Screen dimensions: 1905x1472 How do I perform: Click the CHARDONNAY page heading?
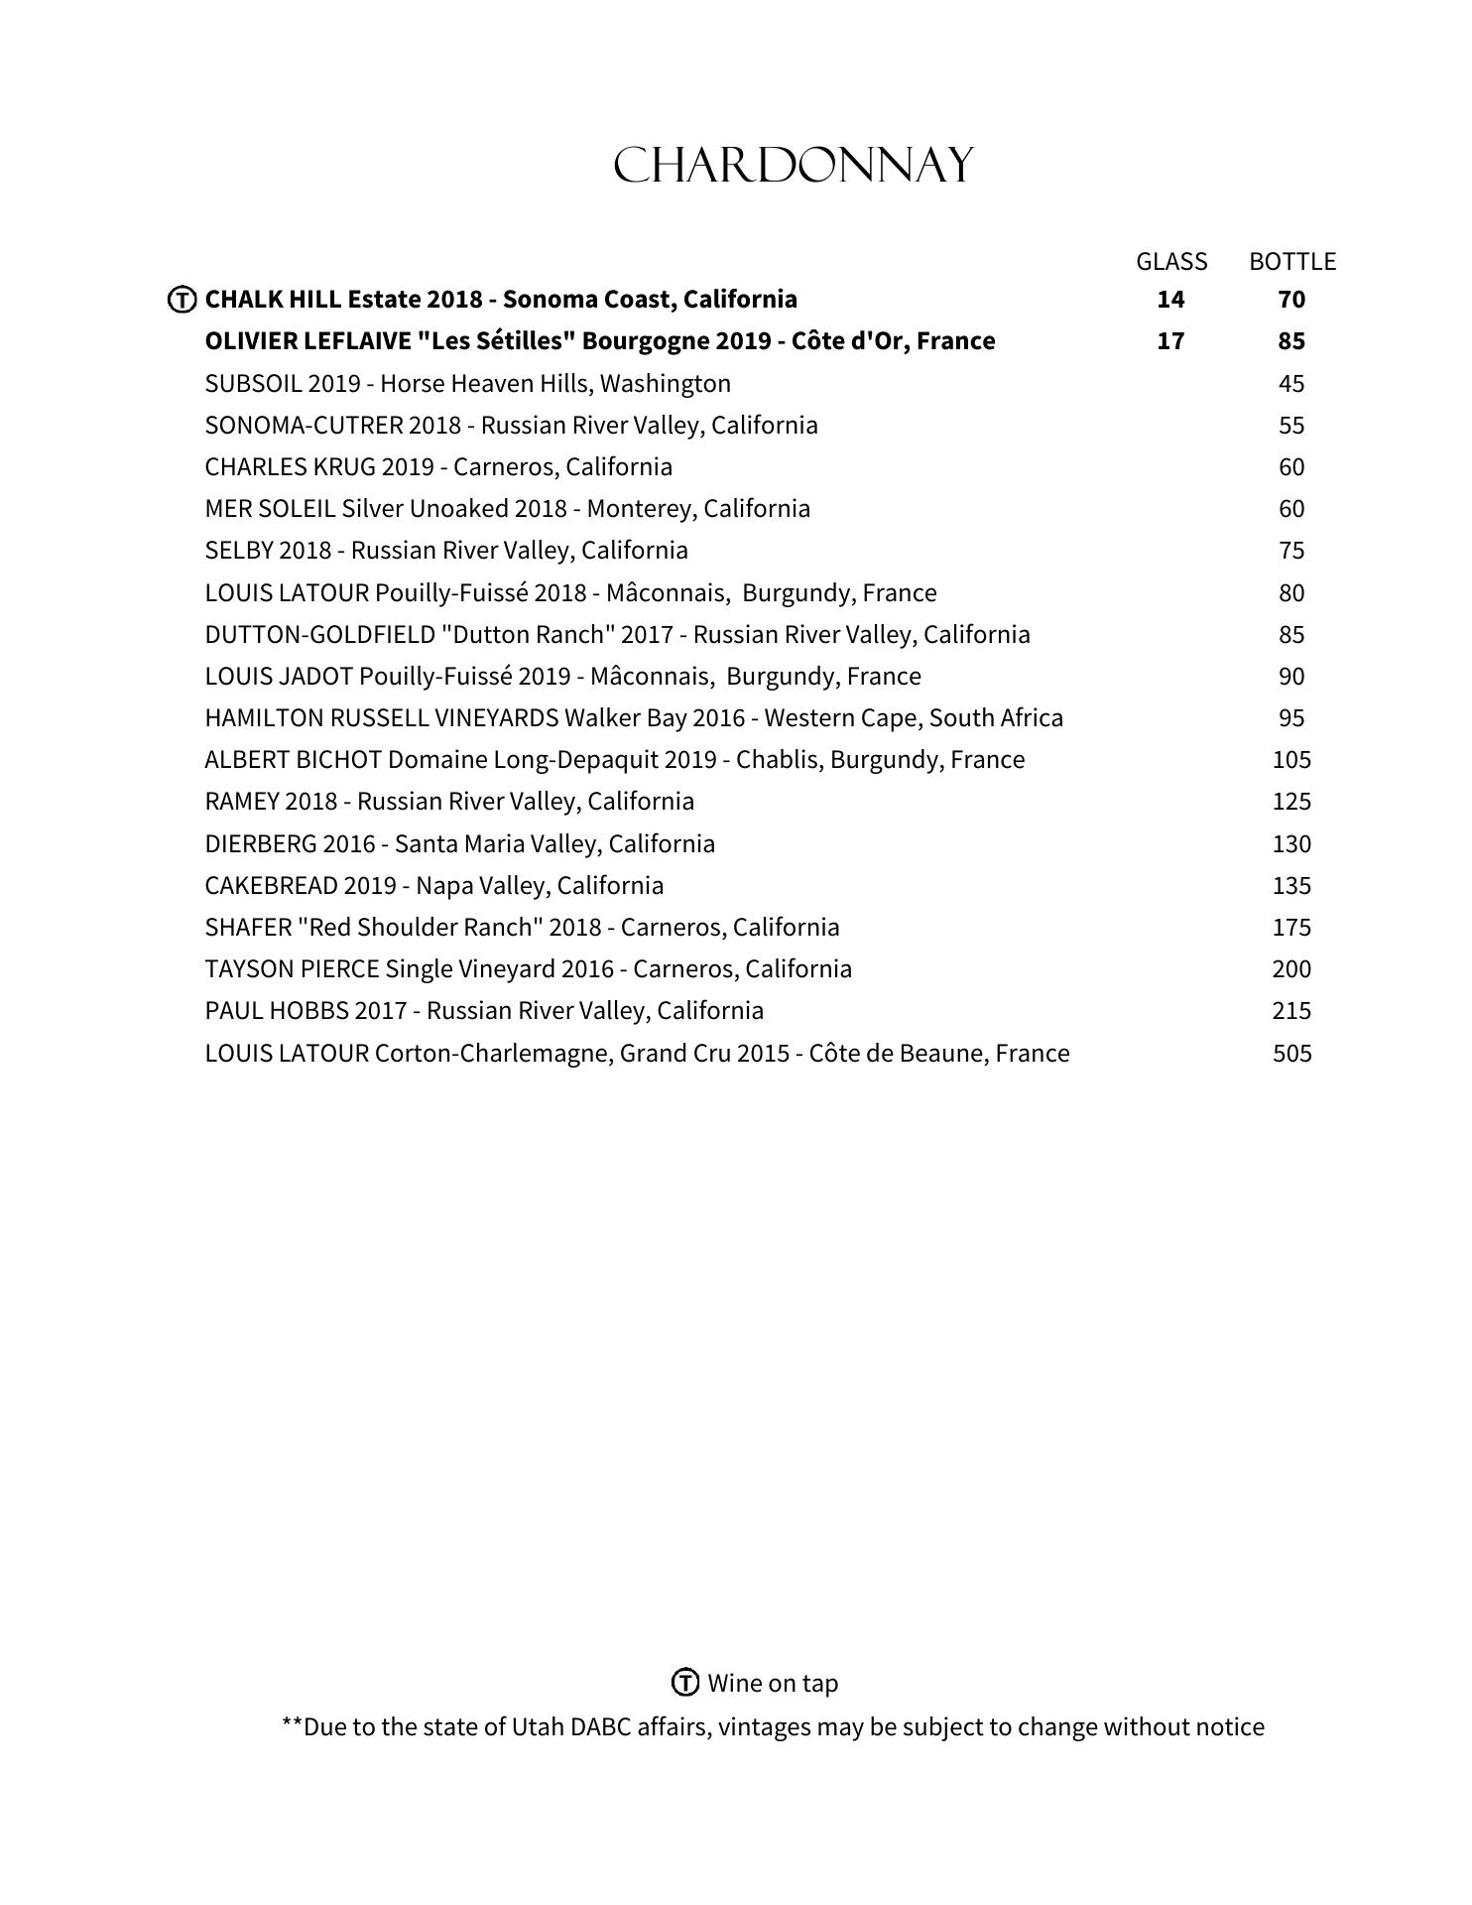[x=794, y=166]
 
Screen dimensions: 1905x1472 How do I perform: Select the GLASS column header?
[x=1171, y=262]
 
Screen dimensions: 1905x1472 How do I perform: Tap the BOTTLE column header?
[x=1292, y=262]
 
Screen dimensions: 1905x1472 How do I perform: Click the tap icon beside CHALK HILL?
[x=182, y=300]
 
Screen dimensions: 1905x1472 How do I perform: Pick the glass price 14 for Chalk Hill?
[x=1170, y=300]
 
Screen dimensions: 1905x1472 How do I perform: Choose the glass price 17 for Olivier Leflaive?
[x=1170, y=341]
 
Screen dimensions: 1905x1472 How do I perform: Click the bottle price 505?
[x=1292, y=1053]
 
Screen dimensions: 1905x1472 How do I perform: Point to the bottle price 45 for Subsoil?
[x=1291, y=384]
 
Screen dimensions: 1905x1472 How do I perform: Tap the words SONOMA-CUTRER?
[x=303, y=426]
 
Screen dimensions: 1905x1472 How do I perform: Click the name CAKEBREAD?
[x=271, y=885]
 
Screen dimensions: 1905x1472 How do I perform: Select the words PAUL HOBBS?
[x=277, y=1011]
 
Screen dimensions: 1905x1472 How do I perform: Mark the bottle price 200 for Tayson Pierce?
[x=1291, y=969]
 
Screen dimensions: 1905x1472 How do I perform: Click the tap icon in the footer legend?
[x=685, y=1683]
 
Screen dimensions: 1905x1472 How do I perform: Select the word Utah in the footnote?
[x=537, y=1727]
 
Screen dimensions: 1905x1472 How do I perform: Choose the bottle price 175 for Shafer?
[x=1291, y=928]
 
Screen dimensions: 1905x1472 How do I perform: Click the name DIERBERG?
[x=260, y=844]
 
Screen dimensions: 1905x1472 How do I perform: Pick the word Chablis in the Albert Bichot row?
[x=776, y=760]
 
